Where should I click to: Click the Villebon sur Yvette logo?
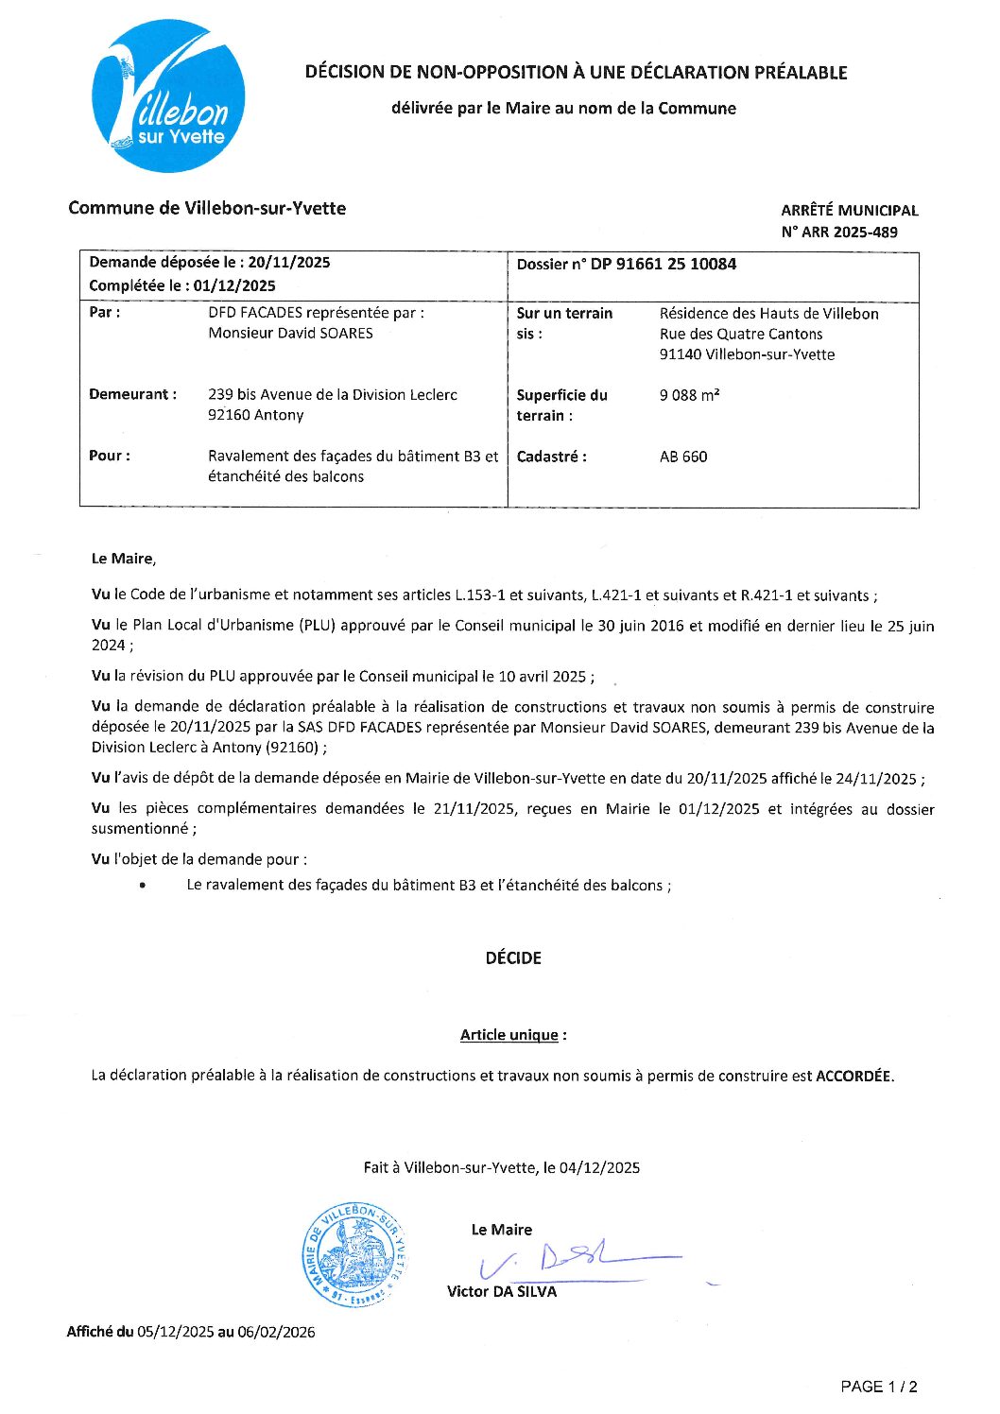168,96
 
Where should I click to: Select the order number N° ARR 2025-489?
839,233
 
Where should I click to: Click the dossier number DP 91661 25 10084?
664,265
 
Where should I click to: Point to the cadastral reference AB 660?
683,457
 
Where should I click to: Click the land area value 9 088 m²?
689,395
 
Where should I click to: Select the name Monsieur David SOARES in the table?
290,334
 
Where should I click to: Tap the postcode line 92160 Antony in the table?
256,415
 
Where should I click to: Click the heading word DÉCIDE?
513,958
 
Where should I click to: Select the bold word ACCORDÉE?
853,1076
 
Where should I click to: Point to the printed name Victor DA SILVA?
502,1292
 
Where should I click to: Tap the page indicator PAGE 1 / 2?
879,1387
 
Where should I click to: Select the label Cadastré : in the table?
551,457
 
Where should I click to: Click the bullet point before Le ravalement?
142,886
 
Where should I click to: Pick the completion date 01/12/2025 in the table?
234,286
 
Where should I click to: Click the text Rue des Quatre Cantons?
741,335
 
